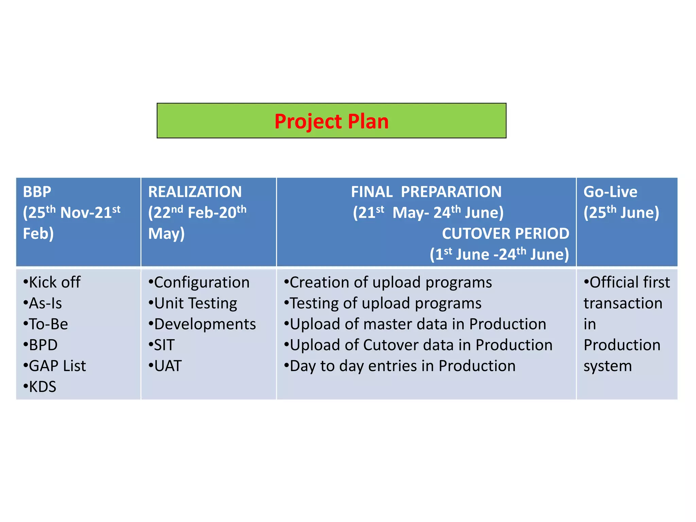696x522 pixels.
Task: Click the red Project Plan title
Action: point(331,121)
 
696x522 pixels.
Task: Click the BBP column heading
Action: point(37,192)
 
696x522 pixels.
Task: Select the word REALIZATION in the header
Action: point(195,192)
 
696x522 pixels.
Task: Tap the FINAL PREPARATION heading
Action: point(426,192)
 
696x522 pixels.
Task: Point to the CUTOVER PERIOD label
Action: point(505,234)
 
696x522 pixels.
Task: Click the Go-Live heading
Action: point(610,192)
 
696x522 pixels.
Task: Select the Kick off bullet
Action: point(52,282)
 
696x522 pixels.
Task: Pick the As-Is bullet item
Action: point(43,303)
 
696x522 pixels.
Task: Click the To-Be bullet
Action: point(46,324)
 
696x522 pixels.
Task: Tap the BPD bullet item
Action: point(40,345)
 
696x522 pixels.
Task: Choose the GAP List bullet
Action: point(55,366)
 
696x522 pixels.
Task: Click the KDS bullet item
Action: point(40,387)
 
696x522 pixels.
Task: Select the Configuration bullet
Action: point(199,282)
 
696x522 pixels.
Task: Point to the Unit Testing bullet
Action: point(193,303)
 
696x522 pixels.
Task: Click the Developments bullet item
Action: point(202,324)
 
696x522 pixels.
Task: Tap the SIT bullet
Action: point(162,345)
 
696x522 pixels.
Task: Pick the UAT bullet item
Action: point(165,366)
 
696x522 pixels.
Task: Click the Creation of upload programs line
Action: point(388,282)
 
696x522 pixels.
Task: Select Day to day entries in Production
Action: point(400,366)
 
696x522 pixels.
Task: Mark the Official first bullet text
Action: point(627,282)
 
